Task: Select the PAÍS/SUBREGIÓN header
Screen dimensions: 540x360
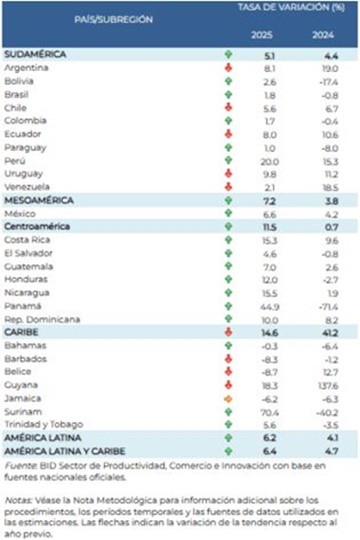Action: [113, 19]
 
